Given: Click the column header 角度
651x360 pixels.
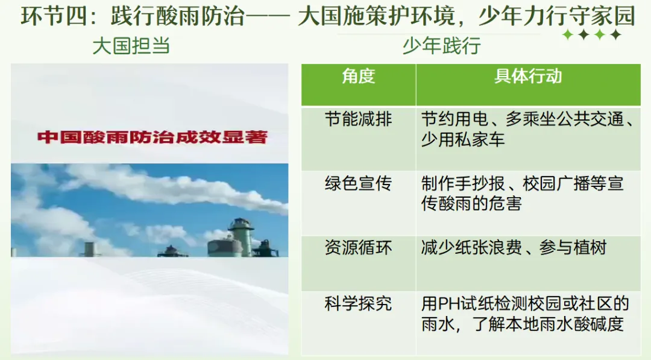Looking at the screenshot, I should pyautogui.click(x=358, y=76).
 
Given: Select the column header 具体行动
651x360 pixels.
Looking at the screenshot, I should pyautogui.click(x=528, y=76).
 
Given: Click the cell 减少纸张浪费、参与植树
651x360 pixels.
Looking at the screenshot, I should pyautogui.click(x=514, y=248).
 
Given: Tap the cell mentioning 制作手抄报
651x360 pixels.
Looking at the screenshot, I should pyautogui.click(x=522, y=194).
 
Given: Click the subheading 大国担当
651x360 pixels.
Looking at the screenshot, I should pyautogui.click(x=131, y=46).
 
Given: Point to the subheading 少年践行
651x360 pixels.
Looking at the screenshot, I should pyautogui.click(x=441, y=46).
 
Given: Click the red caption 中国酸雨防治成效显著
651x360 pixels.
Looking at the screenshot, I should pyautogui.click(x=152, y=137).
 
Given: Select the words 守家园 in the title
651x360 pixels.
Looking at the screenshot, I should pyautogui.click(x=606, y=16).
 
